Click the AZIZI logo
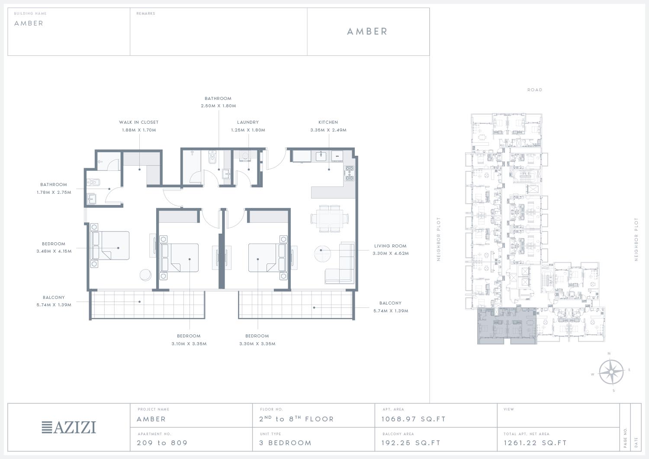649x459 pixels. click(69, 427)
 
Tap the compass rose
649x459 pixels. click(611, 372)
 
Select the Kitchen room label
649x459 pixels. click(328, 122)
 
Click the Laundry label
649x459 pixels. click(248, 122)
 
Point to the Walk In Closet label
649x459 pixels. click(139, 122)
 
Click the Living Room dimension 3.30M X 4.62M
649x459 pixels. click(391, 253)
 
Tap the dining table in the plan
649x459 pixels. click(330, 218)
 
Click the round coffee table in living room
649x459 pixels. click(322, 254)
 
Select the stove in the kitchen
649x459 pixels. click(349, 173)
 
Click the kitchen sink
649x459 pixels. click(321, 156)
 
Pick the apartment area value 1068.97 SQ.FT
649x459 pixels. click(414, 419)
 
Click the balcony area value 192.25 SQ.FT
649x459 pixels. click(411, 443)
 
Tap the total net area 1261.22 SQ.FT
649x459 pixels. click(535, 443)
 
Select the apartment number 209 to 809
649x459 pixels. click(162, 443)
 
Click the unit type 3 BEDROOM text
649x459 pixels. click(286, 443)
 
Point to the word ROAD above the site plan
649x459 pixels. click(534, 90)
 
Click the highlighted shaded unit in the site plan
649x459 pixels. click(507, 326)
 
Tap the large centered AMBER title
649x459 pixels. click(367, 32)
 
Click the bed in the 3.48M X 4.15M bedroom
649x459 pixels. click(110, 245)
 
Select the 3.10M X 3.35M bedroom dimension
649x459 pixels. click(189, 344)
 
